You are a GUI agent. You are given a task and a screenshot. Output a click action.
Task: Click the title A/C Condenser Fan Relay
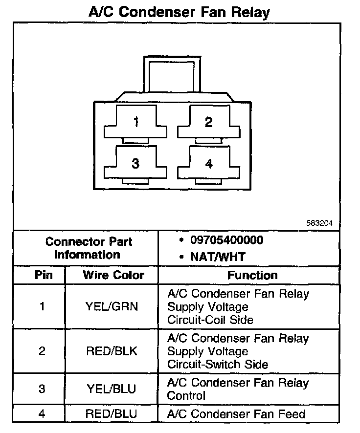coord(179,11)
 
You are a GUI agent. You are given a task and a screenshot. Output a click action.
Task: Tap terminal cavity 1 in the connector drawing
coord(135,122)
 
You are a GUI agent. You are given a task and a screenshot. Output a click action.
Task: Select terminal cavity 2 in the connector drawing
coord(209,122)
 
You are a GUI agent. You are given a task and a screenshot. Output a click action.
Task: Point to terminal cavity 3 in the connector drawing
coord(135,164)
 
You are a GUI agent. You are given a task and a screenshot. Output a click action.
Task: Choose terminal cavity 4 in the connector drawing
coord(209,164)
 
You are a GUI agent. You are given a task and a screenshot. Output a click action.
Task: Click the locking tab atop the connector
coord(172,73)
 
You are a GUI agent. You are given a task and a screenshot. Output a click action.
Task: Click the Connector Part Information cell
coord(87,248)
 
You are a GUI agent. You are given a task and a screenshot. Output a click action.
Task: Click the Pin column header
coord(43,275)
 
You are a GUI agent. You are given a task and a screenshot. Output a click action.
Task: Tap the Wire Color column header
coord(113,275)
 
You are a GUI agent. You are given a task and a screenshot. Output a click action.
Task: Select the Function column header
coord(252,276)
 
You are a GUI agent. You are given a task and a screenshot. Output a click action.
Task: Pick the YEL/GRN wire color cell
coord(112,307)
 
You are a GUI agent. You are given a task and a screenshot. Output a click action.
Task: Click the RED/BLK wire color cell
coord(112,351)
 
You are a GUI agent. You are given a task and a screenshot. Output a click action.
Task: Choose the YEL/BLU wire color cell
coord(112,389)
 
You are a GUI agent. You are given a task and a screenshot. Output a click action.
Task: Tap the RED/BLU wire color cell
coord(112,414)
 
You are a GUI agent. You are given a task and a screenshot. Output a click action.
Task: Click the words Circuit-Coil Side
coord(210,320)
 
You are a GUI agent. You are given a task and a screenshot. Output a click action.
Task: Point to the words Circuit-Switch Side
coord(217,365)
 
